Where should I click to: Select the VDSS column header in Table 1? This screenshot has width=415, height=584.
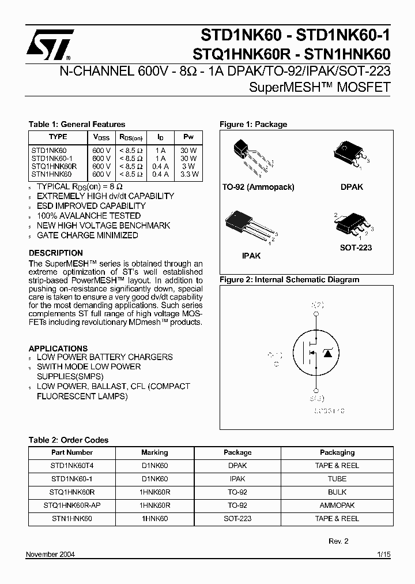pos(101,137)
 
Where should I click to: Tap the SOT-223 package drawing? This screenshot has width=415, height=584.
pos(350,224)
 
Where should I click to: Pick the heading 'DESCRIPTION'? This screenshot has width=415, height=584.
pos(56,253)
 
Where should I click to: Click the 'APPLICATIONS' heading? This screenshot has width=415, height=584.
pos(58,349)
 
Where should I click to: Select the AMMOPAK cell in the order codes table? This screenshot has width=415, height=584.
pos(337,505)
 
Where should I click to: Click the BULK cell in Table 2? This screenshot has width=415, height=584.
pos(337,492)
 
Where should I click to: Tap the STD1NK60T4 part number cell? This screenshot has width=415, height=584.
pos(72,465)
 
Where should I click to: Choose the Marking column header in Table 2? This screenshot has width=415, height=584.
pos(154,452)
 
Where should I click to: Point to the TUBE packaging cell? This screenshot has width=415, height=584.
pos(337,478)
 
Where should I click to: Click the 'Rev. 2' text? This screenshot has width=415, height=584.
pos(338,541)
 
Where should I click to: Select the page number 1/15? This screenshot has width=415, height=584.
pos(383,555)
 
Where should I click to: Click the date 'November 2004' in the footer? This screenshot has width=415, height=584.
pos(51,555)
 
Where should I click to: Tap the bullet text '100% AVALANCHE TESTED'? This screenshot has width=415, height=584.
pos(89,215)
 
